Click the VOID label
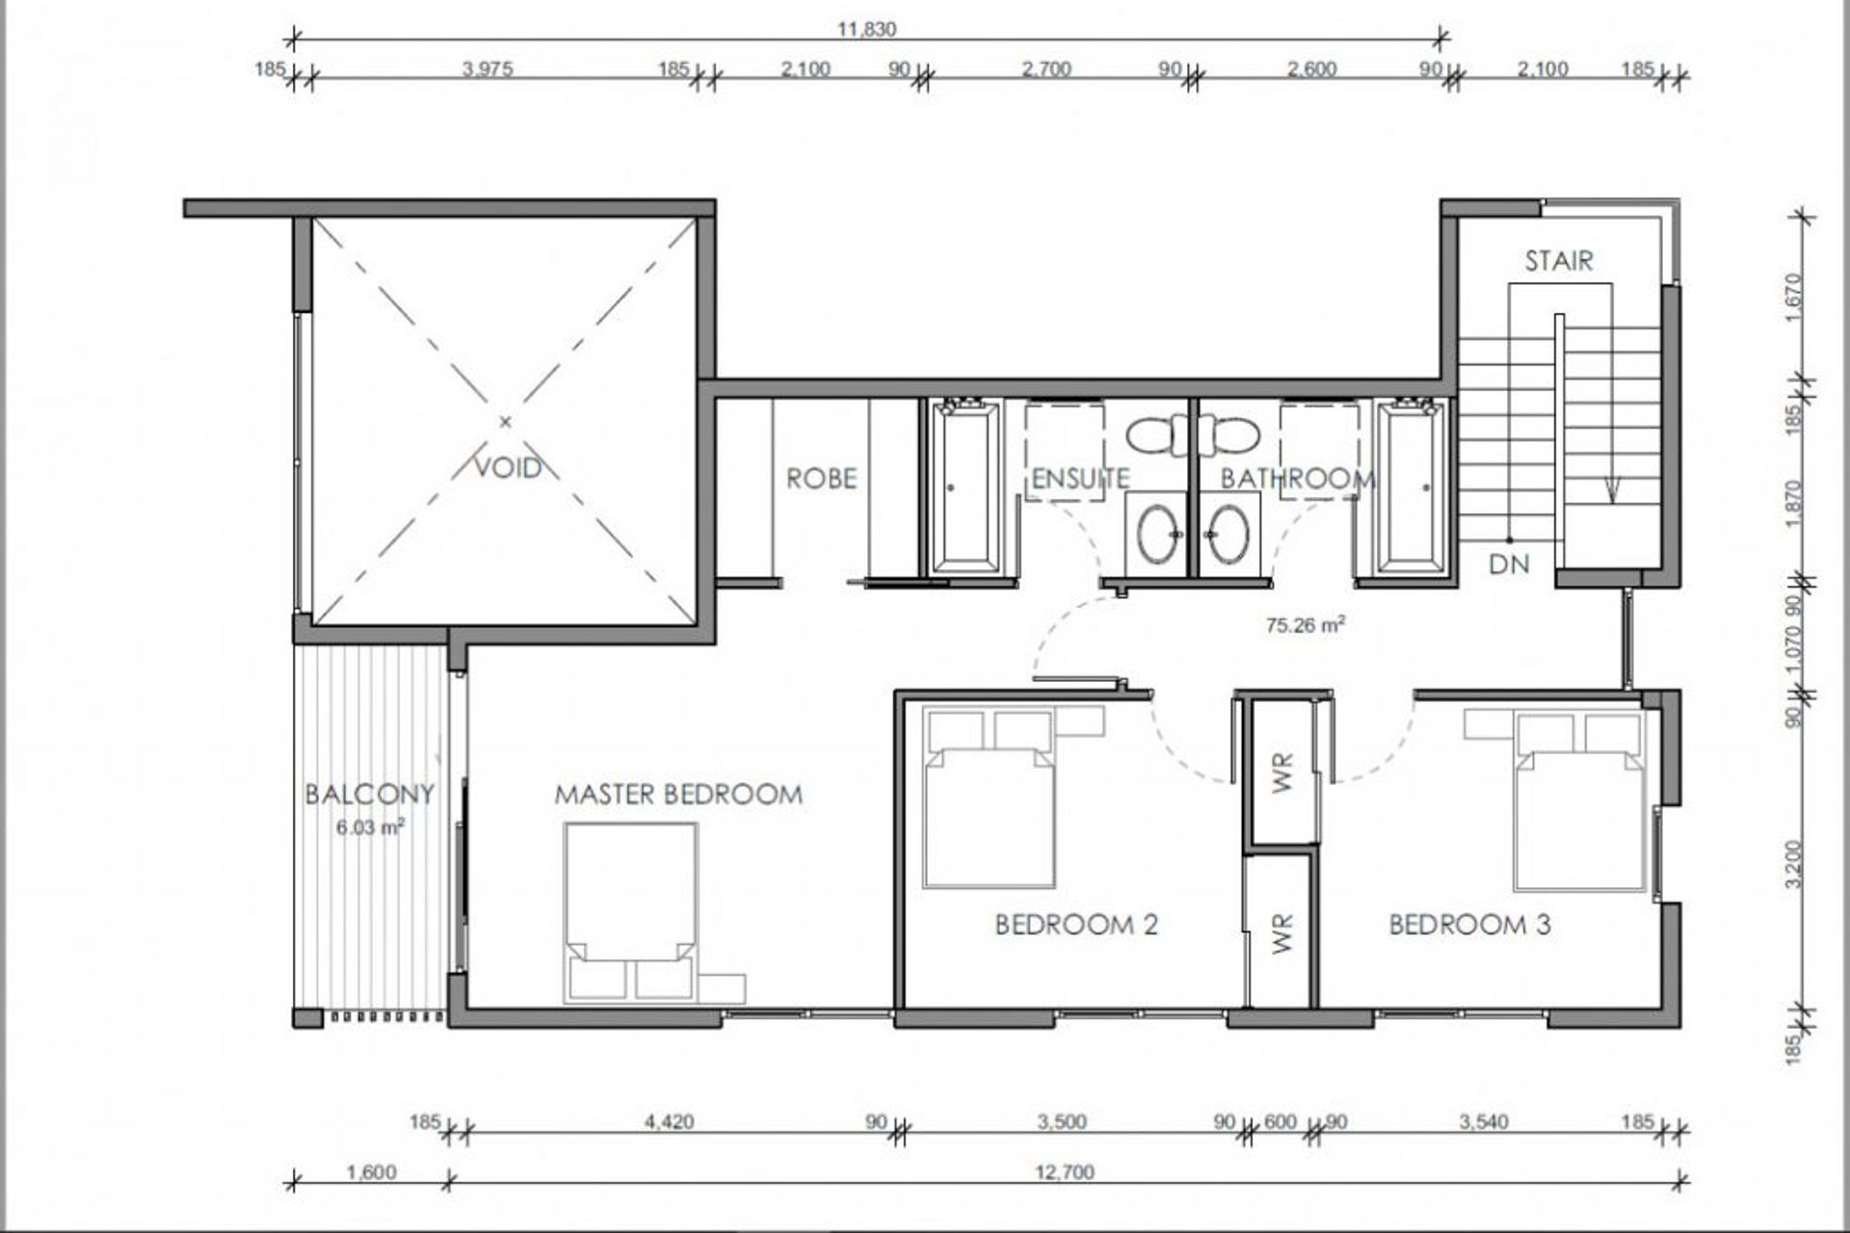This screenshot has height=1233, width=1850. [x=509, y=468]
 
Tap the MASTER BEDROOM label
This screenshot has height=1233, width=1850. [x=678, y=795]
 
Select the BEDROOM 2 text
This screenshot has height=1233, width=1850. [x=1076, y=925]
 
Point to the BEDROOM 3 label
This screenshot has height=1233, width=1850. [x=1470, y=925]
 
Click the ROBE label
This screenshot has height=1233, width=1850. [x=821, y=479]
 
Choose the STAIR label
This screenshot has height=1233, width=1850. [x=1559, y=260]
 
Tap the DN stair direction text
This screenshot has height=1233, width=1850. [x=1509, y=564]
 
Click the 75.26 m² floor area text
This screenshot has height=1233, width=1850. [x=1306, y=625]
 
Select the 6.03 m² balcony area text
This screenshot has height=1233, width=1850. [x=370, y=826]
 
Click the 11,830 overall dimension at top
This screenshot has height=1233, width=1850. [x=866, y=29]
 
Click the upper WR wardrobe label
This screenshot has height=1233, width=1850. [x=1282, y=773]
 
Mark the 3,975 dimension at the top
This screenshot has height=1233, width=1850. [x=488, y=68]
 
